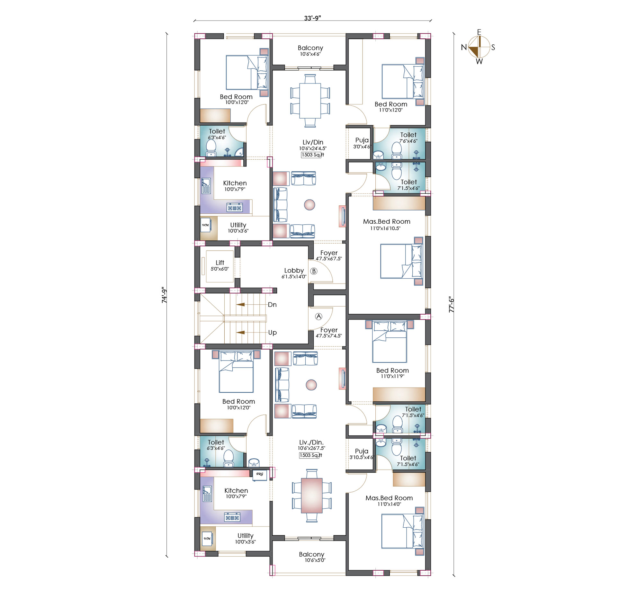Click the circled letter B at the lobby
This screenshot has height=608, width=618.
314,271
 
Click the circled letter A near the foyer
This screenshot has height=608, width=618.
318,317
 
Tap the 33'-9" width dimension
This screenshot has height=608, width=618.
312,18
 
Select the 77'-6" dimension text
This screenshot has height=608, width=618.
452,305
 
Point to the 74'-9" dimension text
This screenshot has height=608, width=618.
164,295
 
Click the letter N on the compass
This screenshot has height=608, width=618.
463,47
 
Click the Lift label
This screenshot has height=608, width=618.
220,263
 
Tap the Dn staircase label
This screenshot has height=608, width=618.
272,305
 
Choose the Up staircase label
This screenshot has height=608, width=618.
273,333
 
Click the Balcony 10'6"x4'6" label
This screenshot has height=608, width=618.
310,50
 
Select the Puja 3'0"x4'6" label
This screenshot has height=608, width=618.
362,143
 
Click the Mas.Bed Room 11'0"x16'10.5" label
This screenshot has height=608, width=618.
386,224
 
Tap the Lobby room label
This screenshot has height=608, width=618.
294,271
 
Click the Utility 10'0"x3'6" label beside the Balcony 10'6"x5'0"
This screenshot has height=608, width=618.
245,538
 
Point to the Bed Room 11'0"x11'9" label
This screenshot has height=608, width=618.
392,373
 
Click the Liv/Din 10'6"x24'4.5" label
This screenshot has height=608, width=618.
313,145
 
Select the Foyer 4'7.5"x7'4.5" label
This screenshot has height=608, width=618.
329,333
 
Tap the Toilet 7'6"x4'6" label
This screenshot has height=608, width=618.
408,138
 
